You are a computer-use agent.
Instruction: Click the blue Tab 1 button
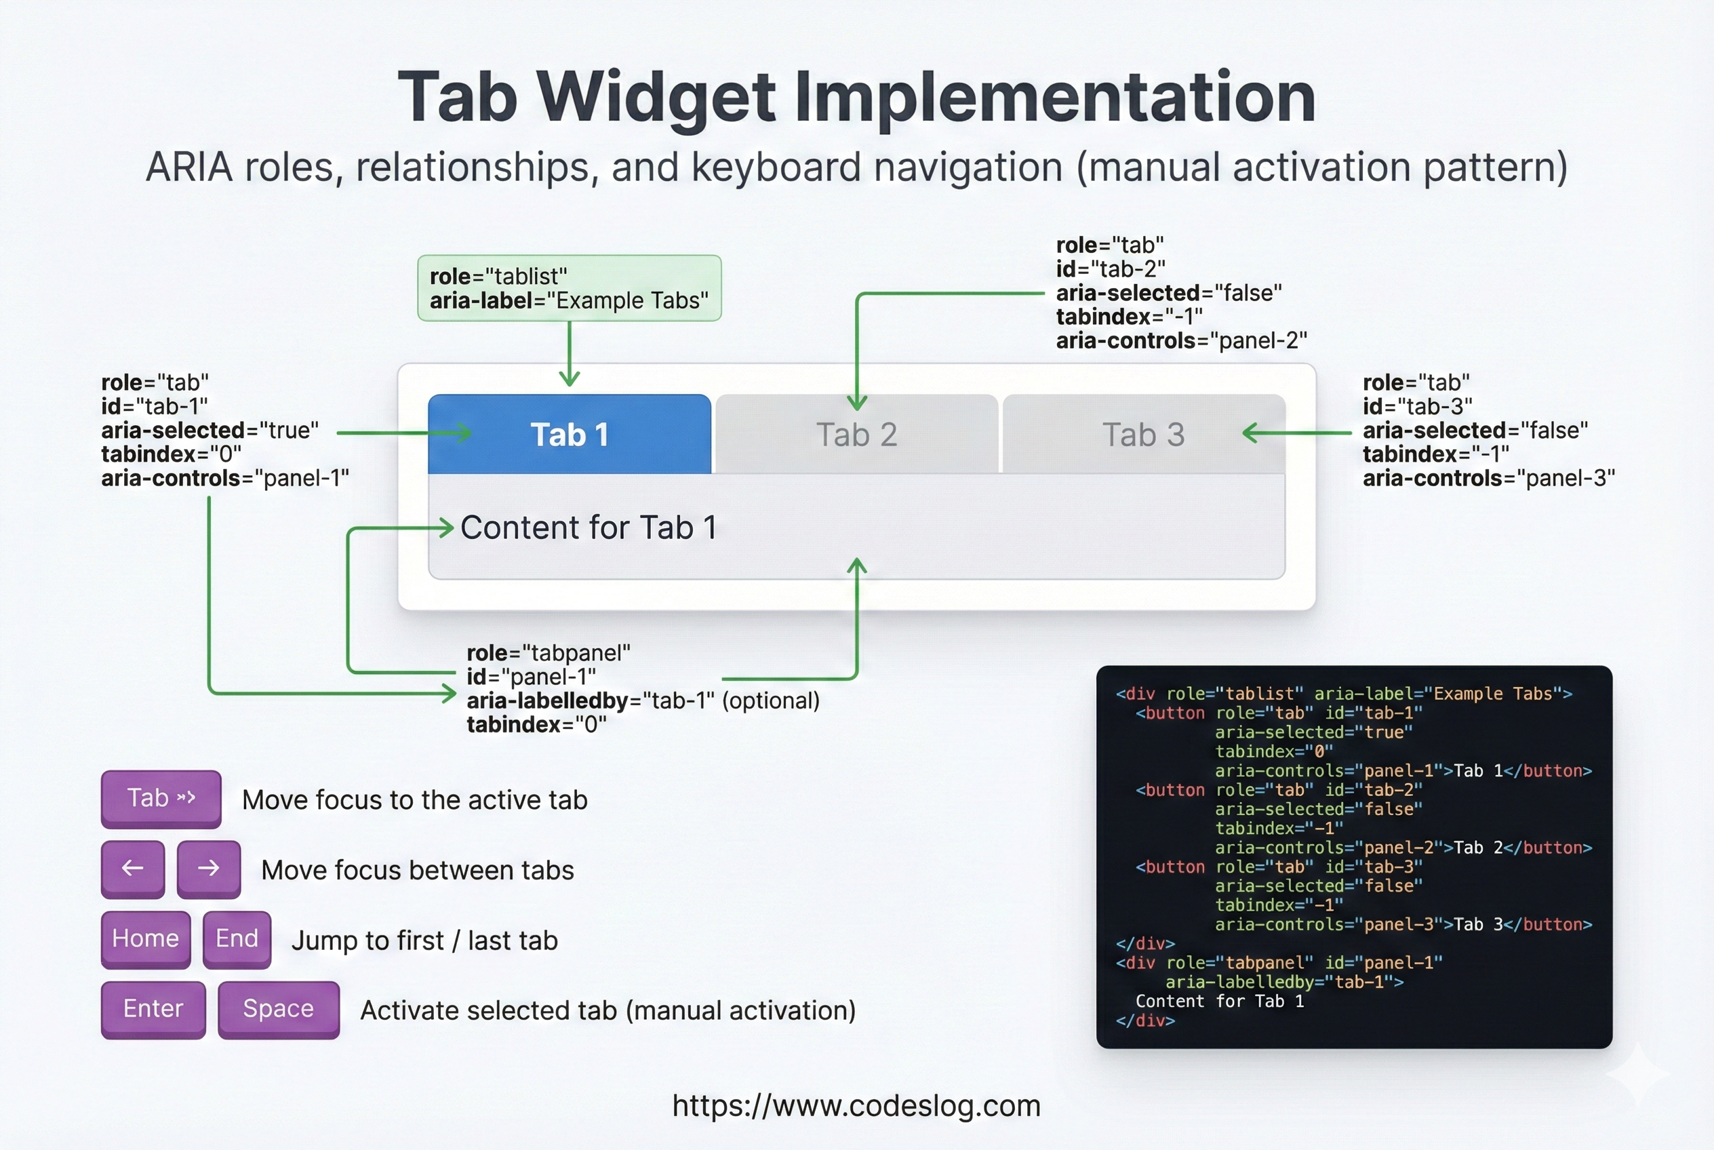[x=569, y=434]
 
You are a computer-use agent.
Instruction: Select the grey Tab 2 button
[x=856, y=434]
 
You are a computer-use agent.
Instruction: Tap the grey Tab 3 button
[x=1142, y=434]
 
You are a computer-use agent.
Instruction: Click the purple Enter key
[x=153, y=1008]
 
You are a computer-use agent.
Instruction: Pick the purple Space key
[x=279, y=1008]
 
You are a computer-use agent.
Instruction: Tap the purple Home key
[x=145, y=938]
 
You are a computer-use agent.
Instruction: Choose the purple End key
[x=237, y=938]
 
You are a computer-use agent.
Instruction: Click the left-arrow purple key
[x=133, y=869]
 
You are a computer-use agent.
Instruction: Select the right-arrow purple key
[x=208, y=869]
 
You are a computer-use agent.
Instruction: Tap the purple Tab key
[x=161, y=797]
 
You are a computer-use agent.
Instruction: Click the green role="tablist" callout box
[x=569, y=288]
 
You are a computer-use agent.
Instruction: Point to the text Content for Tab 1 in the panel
[x=589, y=528]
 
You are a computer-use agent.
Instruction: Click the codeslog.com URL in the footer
[x=856, y=1105]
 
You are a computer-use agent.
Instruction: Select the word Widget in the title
[x=656, y=97]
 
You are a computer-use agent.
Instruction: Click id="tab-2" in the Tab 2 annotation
[x=1111, y=269]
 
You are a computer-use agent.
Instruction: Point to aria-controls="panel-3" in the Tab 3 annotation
[x=1489, y=478]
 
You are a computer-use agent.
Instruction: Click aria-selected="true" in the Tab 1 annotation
[x=210, y=430]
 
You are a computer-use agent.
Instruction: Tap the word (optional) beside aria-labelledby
[x=771, y=700]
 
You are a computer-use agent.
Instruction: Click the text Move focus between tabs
[x=418, y=870]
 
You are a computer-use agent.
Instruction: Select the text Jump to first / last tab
[x=424, y=940]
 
